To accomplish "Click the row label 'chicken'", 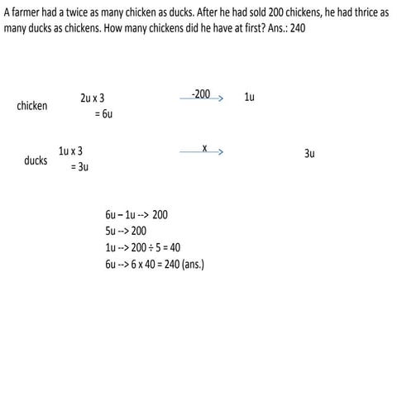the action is (32, 106).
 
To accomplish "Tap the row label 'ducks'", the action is (36, 160).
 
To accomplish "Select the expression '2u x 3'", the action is (92, 98).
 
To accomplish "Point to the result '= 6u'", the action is (103, 114).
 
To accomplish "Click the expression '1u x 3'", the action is (70, 151).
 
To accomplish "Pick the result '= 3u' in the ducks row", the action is (78, 167).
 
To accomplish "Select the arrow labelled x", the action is (203, 152).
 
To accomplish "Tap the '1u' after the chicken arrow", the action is (249, 98).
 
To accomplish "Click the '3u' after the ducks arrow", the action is (309, 153).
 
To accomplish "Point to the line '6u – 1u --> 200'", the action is (131, 214).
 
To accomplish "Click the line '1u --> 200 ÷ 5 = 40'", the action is (136, 248).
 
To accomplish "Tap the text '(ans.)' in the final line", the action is (192, 265).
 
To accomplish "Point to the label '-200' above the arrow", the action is (200, 93).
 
